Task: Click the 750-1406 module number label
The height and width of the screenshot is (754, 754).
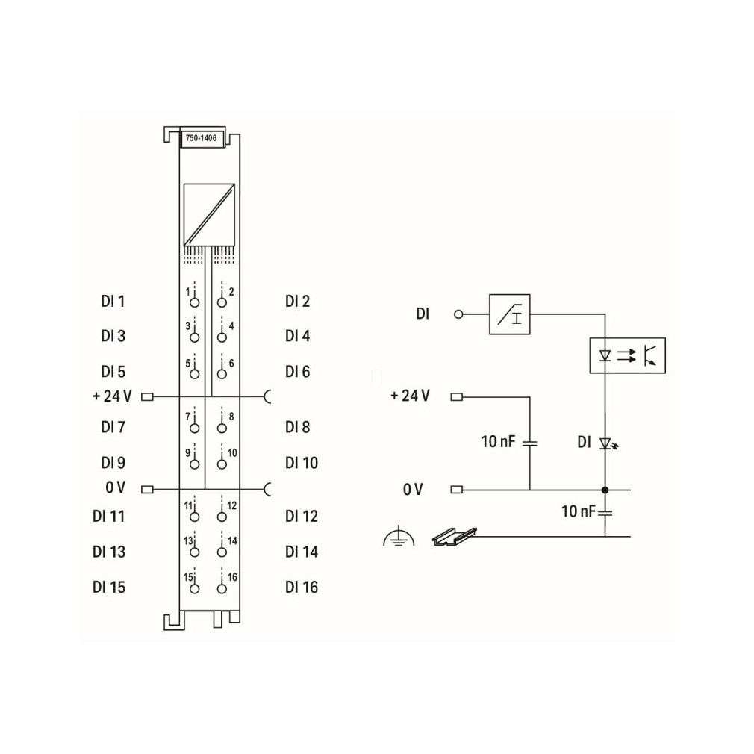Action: [201, 138]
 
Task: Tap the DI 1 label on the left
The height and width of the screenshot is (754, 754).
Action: [113, 302]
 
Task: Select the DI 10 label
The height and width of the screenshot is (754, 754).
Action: [302, 463]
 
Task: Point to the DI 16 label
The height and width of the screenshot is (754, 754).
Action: [302, 587]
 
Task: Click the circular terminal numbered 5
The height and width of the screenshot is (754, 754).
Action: [194, 373]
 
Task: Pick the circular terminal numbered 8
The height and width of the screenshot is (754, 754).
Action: [222, 428]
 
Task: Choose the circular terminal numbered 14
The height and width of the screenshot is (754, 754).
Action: [222, 552]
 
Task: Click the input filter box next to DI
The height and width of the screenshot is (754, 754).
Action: [510, 314]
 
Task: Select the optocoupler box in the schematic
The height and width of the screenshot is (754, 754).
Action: [628, 356]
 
